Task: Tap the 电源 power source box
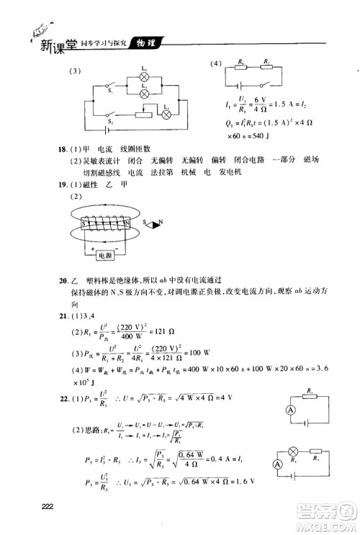click(106, 256)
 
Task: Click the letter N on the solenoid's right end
click(127, 224)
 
